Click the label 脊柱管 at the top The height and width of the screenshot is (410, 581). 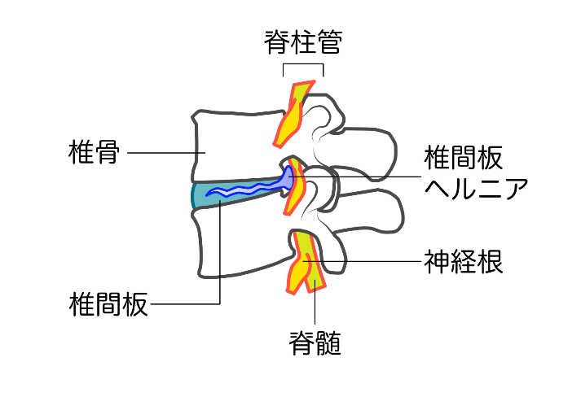302,42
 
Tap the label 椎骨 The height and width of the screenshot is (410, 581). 95,152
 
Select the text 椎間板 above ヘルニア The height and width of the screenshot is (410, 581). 463,156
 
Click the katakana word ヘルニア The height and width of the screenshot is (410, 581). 476,188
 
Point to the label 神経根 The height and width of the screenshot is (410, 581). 463,261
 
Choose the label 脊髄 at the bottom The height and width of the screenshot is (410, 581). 315,344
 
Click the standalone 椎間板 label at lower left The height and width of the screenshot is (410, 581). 108,304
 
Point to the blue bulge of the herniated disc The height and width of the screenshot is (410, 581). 287,177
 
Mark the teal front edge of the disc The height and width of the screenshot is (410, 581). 196,195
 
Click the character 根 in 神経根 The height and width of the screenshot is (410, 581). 489,261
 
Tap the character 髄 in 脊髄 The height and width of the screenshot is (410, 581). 328,344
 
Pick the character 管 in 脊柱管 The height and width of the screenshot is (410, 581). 328,42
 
